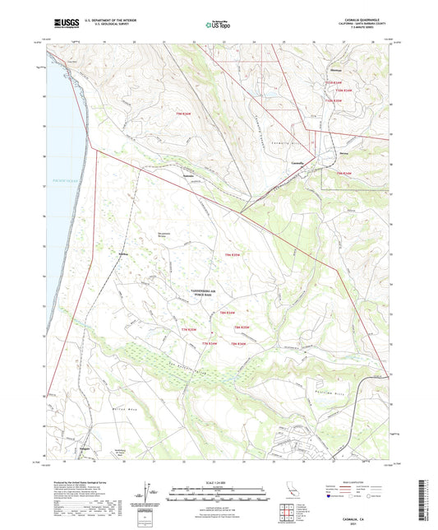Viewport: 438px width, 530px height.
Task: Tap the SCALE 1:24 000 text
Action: [218, 481]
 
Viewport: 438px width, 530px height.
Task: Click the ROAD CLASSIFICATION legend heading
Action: [358, 480]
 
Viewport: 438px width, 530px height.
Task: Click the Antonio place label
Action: [189, 175]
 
